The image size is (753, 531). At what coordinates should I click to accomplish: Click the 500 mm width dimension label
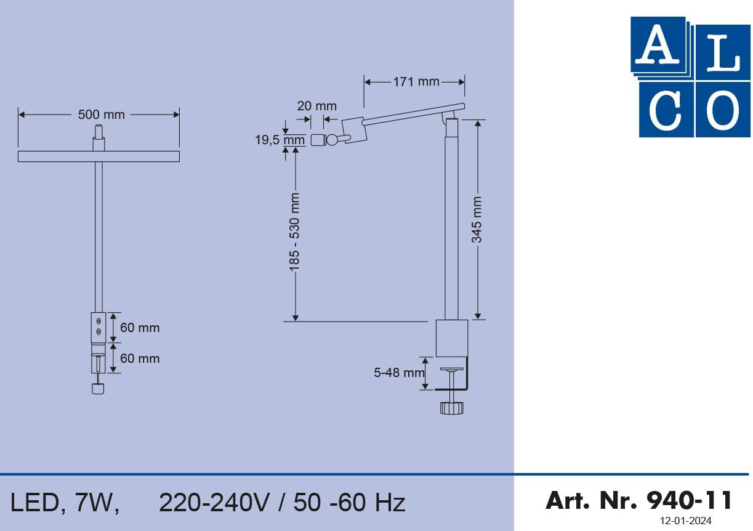[101, 115]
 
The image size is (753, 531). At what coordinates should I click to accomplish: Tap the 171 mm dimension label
[416, 82]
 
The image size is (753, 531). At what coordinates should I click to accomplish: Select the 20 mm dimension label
[316, 106]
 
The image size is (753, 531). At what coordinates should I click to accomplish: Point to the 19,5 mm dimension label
[280, 140]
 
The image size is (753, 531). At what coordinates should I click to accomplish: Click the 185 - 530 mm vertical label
[294, 232]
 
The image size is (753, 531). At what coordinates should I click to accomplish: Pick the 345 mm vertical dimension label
[477, 219]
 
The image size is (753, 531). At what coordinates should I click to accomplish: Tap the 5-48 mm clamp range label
[399, 373]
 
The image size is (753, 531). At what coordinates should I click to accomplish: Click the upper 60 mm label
[140, 328]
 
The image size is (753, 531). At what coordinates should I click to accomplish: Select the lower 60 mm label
[140, 359]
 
